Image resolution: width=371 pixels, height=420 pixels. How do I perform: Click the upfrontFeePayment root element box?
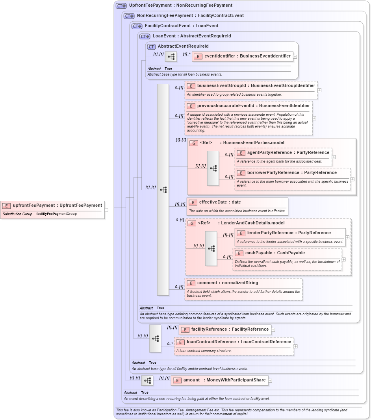[53, 205]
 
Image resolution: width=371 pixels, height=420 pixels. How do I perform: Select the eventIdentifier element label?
[247, 56]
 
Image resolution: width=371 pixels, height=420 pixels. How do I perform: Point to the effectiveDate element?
[219, 202]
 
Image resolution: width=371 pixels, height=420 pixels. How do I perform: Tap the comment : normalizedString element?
[227, 283]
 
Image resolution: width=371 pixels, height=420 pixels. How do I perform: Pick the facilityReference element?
[230, 329]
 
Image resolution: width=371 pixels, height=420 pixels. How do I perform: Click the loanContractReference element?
[238, 342]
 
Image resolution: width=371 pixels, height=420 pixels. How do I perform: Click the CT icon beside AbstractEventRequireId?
[151, 46]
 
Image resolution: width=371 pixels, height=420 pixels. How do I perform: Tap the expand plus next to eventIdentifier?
[295, 57]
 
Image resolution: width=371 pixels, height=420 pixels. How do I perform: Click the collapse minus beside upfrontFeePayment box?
[106, 210]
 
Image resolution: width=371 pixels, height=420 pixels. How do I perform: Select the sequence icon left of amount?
[147, 381]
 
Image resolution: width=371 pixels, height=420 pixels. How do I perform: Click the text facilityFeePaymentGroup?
[56, 214]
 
